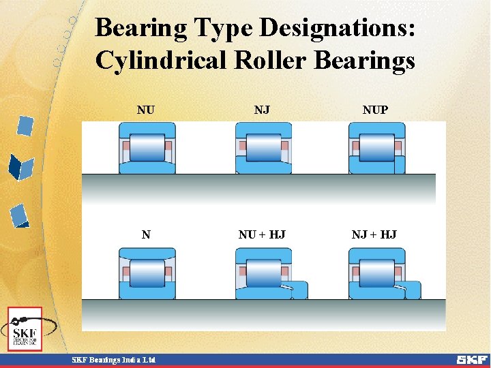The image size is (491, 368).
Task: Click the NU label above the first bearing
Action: coord(145,110)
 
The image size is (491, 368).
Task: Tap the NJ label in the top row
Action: coord(261,110)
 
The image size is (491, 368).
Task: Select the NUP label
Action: coord(375,110)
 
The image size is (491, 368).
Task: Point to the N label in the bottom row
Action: coord(146,235)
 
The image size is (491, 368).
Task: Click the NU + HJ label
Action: coord(262,235)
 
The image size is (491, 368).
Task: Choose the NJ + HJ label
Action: coord(374,235)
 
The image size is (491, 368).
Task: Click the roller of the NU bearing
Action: coord(147,147)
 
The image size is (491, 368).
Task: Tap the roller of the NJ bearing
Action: coord(263,147)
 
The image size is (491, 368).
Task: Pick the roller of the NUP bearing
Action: coord(376,147)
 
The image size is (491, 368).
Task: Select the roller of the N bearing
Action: coord(147,273)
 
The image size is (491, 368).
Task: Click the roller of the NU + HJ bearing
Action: coord(263,273)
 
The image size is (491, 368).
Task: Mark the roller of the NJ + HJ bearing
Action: coord(376,273)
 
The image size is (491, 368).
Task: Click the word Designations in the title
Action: coord(338,29)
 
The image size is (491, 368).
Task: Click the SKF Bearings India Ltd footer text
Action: coord(114,360)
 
